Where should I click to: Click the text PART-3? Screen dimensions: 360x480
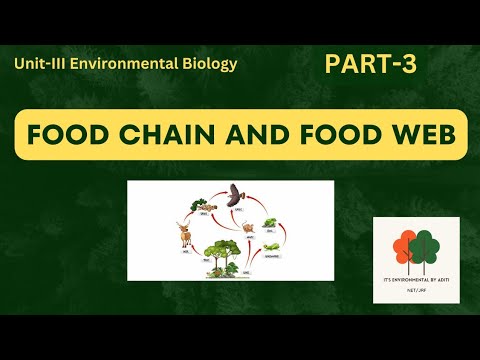(x=370, y=65)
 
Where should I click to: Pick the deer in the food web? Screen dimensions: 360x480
(x=185, y=235)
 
